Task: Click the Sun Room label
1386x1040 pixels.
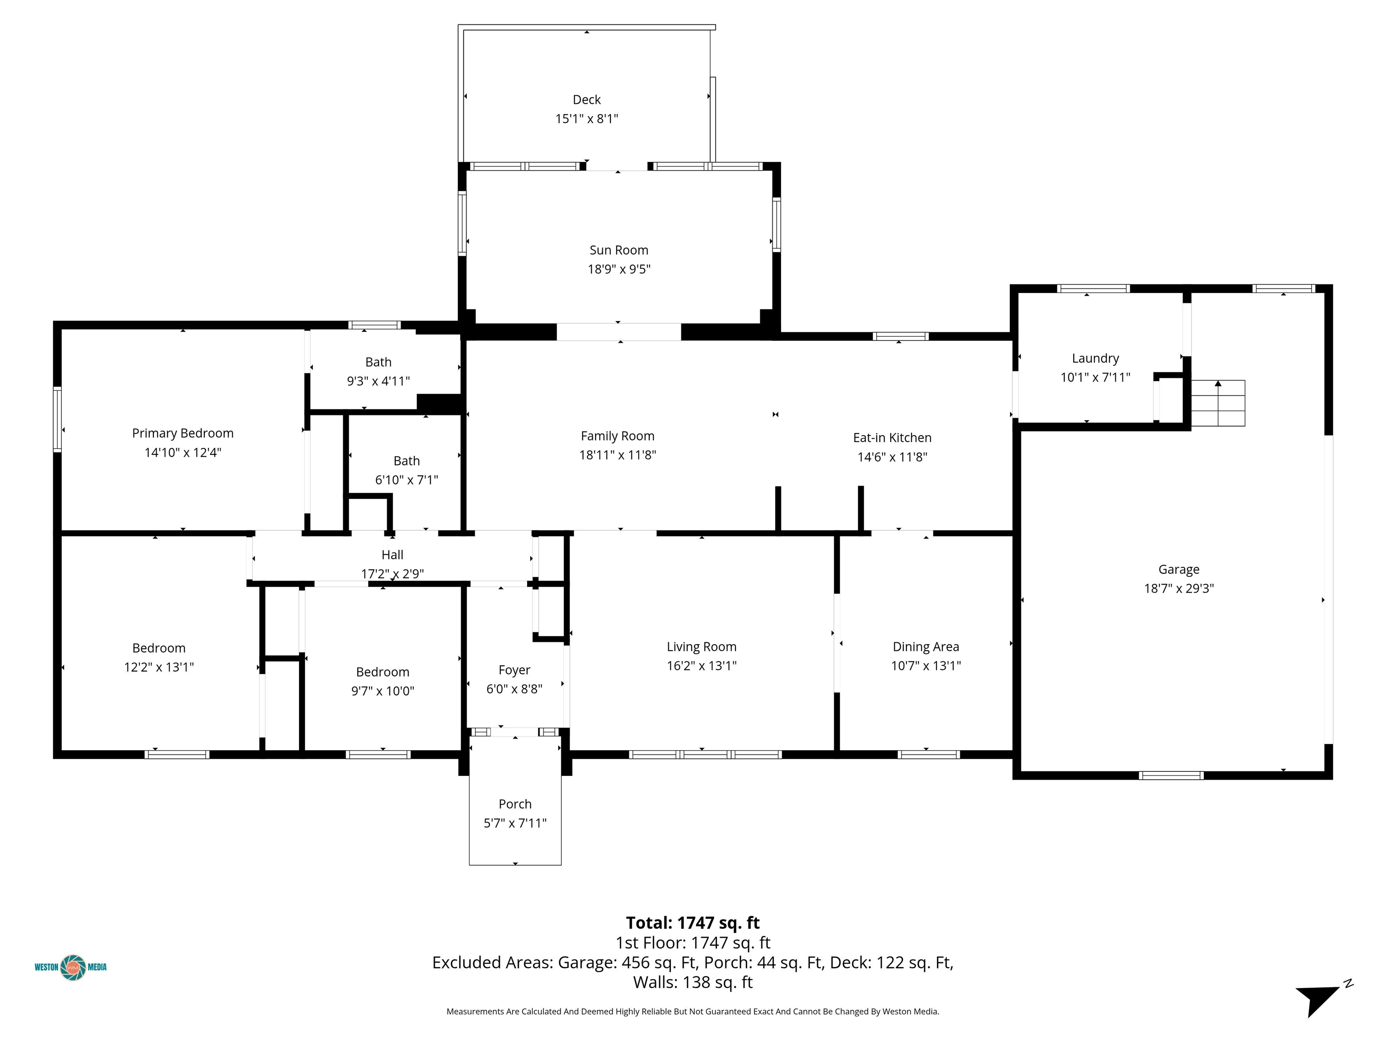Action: tap(619, 250)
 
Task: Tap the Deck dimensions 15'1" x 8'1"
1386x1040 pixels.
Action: tap(587, 118)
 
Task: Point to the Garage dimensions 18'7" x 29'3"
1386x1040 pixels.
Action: tap(1178, 588)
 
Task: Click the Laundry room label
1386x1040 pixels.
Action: tap(1095, 358)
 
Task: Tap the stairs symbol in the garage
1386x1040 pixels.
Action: tap(1217, 403)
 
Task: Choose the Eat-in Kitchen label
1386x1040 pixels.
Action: tap(892, 437)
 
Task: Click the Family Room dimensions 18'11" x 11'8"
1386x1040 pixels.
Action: tap(617, 455)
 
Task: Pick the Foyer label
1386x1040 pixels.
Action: tap(514, 670)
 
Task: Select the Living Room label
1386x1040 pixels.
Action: tap(701, 647)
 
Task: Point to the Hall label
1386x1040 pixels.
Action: tap(392, 555)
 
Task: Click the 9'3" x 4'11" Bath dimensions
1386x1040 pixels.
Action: tap(379, 381)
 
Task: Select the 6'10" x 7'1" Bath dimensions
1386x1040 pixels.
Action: tap(407, 480)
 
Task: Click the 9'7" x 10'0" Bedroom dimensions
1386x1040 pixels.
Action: tap(383, 691)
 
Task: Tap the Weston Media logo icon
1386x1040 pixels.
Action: tap(73, 967)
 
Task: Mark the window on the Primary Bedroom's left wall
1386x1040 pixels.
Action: tap(57, 419)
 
